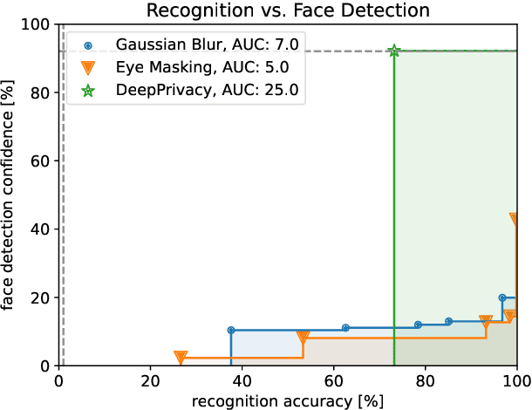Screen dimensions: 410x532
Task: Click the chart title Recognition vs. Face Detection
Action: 288,10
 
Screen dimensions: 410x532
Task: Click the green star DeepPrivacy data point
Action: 394,51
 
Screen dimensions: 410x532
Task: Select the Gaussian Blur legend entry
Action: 165,44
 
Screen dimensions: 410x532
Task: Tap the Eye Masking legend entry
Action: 165,66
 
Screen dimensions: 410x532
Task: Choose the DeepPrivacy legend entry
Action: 165,88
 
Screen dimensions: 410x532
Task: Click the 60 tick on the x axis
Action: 334,380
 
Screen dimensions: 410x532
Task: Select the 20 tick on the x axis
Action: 150,380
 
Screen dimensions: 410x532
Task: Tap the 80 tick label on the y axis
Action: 40,92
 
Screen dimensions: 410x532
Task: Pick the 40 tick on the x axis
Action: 242,380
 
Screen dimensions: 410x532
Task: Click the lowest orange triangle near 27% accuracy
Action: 181,357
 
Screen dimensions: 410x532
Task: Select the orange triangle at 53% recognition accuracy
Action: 303,337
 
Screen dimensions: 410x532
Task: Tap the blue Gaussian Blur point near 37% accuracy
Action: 231,331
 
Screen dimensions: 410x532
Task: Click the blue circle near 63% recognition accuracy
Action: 345,328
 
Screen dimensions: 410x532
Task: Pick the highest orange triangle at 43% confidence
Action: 515,219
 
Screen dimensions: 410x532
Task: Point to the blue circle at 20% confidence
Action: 502,297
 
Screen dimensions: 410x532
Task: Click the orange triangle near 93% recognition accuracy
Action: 486,321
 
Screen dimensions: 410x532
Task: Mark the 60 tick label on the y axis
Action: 40,161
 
